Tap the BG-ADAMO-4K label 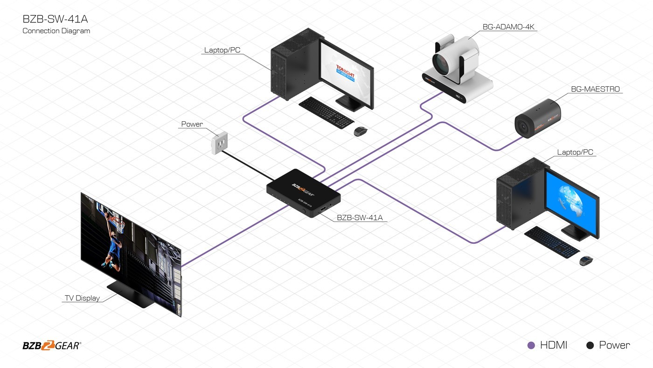point(509,27)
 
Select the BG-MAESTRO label point(595,89)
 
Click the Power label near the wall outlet point(192,124)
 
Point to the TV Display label point(82,298)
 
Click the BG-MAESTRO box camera point(537,118)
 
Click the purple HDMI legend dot point(531,346)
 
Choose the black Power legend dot point(590,346)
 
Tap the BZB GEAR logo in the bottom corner point(52,346)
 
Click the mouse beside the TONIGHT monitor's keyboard point(360,131)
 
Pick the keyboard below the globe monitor point(552,241)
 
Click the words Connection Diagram point(56,31)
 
